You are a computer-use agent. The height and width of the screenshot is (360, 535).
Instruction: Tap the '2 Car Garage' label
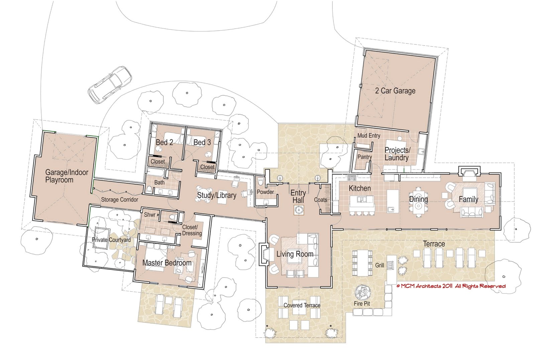pos(395,91)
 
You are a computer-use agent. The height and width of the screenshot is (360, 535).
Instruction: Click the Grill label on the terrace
pos(380,265)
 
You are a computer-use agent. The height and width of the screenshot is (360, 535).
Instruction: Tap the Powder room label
pos(265,192)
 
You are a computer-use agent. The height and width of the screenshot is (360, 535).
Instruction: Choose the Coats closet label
pos(320,200)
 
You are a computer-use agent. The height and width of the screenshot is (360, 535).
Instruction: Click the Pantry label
pos(364,157)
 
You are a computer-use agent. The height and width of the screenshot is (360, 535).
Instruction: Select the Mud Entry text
pos(368,135)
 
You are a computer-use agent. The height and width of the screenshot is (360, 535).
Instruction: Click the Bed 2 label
pos(164,142)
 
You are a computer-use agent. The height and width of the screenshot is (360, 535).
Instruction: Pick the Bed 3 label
pos(202,142)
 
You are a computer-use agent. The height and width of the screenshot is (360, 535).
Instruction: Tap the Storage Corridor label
pos(119,200)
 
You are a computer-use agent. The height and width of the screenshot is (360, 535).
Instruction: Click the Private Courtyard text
pos(111,240)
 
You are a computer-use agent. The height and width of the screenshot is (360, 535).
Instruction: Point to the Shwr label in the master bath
pos(149,215)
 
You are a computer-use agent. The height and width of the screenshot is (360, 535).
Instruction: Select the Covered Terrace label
pos(302,305)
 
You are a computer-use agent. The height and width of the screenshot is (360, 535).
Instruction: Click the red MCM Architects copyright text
pos(451,286)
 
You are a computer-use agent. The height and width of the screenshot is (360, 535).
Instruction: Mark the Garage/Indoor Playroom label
pos(67,176)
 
